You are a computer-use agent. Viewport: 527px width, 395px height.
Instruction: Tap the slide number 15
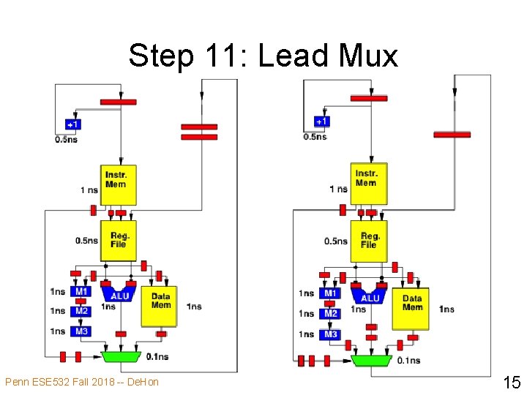click(511, 382)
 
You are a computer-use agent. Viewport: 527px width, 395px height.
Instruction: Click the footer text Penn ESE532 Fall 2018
click(81, 382)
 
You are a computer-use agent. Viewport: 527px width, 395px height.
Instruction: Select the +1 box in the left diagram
click(73, 124)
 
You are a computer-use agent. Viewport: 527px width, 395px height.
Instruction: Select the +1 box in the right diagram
click(322, 121)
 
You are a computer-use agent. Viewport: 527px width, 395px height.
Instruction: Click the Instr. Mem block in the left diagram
click(116, 180)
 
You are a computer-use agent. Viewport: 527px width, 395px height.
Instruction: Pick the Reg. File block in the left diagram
click(119, 240)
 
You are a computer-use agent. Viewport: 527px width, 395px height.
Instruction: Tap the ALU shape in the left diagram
click(119, 293)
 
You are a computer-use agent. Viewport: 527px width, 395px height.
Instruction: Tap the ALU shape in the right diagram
click(370, 295)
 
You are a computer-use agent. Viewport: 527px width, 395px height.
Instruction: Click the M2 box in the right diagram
click(331, 314)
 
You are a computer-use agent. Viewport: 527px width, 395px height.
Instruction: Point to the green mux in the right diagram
click(371, 360)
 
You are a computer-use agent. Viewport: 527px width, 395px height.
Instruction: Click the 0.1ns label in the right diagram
click(408, 361)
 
